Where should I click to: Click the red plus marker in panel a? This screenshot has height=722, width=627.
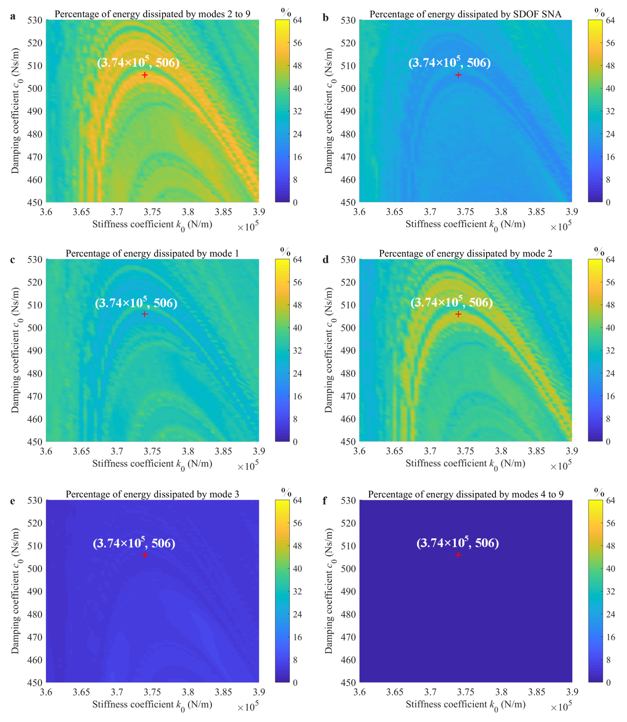click(145, 75)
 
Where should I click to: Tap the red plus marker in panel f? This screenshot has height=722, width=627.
click(458, 555)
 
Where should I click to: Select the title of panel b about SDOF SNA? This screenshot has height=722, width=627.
click(465, 14)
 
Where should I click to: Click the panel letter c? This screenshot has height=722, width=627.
click(13, 260)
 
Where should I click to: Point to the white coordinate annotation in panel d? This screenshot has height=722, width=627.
click(451, 302)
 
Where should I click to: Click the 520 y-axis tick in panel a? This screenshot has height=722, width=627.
click(35, 43)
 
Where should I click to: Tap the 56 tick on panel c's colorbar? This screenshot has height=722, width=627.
click(297, 282)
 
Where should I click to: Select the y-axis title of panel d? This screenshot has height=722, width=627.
click(329, 350)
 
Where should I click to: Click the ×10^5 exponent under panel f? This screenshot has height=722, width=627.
click(561, 707)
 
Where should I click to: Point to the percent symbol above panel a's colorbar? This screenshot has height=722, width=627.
click(286, 13)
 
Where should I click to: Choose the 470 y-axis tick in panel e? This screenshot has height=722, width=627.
click(35, 637)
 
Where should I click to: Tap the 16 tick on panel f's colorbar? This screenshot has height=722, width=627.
click(611, 637)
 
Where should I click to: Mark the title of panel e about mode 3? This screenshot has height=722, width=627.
click(152, 494)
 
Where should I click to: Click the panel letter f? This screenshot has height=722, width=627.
click(325, 501)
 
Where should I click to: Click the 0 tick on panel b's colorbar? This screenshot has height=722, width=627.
click(608, 203)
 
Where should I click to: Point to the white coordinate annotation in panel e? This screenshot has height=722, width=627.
click(134, 543)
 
